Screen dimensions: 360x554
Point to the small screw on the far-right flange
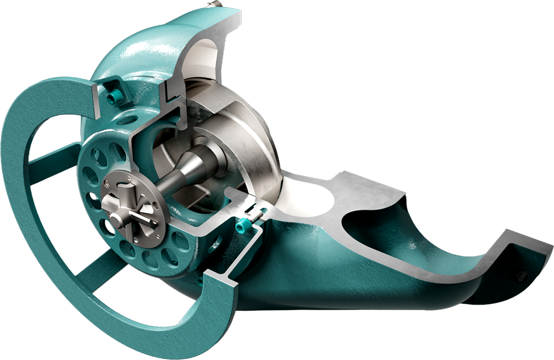pos(520,275)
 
